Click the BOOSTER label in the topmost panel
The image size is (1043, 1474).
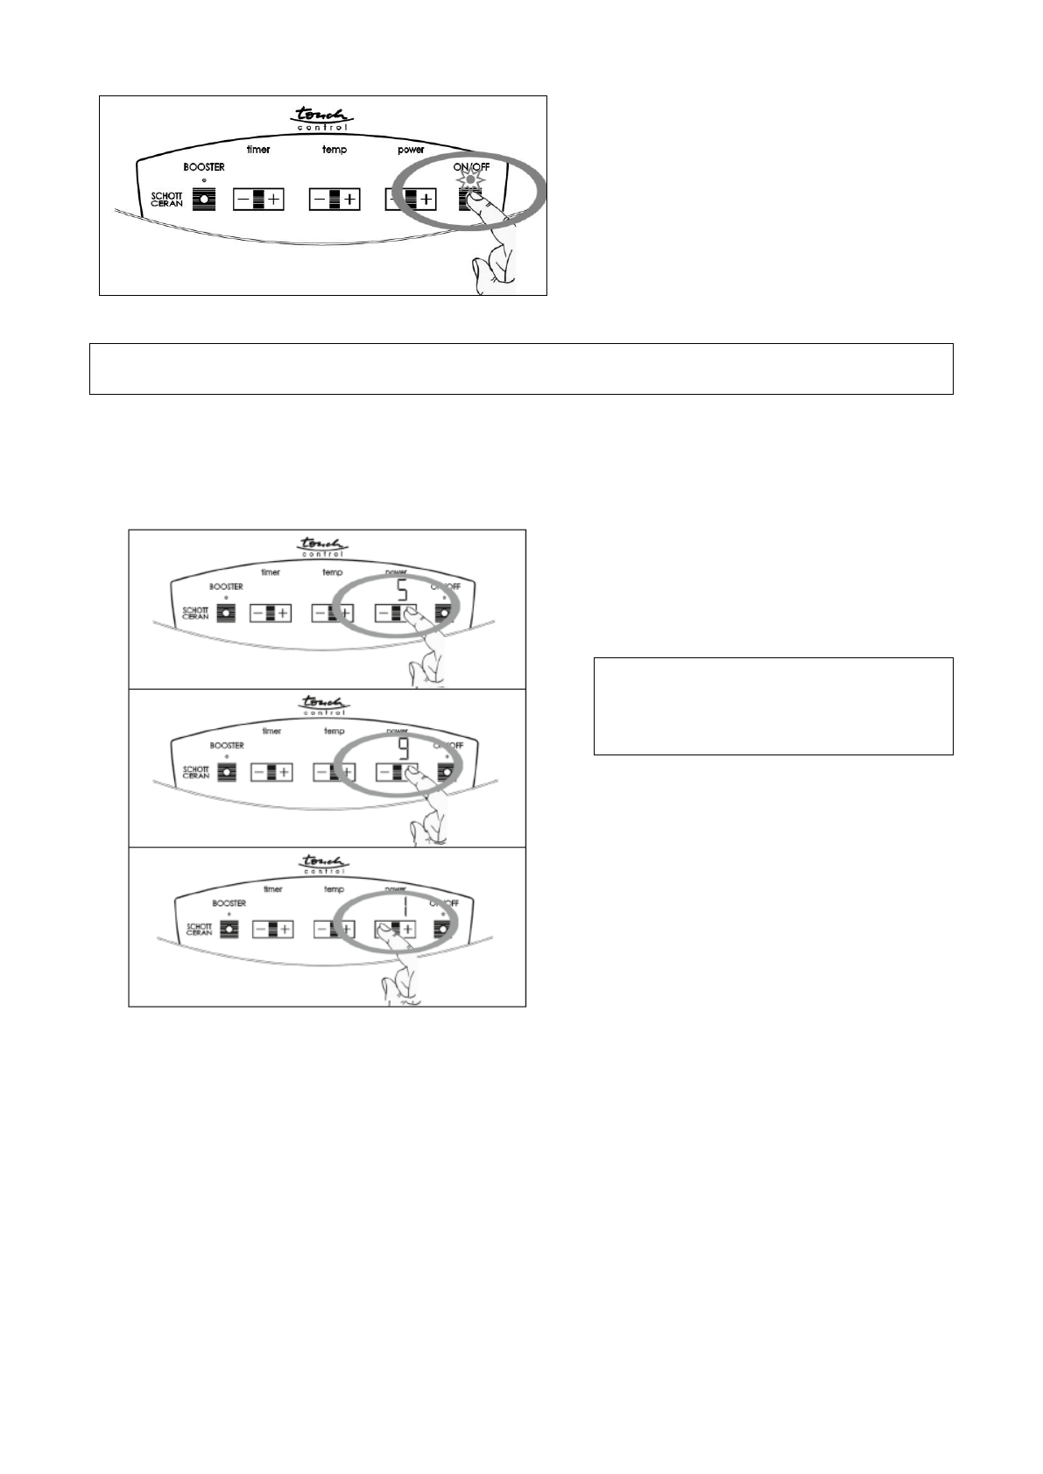[x=203, y=167]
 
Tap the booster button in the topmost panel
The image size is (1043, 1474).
[x=204, y=199]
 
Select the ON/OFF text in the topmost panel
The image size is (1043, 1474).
[x=471, y=166]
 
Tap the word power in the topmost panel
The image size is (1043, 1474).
[x=411, y=150]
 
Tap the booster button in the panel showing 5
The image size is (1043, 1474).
[x=226, y=614]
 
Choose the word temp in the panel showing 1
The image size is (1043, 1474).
[x=334, y=889]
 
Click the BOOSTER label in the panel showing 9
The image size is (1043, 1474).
[x=226, y=746]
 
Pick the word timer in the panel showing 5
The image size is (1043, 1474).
[x=271, y=572]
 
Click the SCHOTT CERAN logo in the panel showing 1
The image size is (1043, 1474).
[x=198, y=930]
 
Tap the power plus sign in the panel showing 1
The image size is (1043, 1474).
[x=407, y=929]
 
